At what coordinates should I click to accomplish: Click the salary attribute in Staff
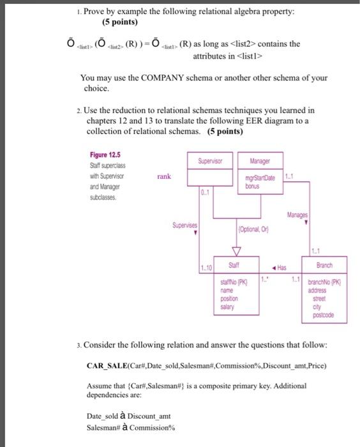pyautogui.click(x=228, y=307)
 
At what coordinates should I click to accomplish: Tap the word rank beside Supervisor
pyautogui.click(x=163, y=176)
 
